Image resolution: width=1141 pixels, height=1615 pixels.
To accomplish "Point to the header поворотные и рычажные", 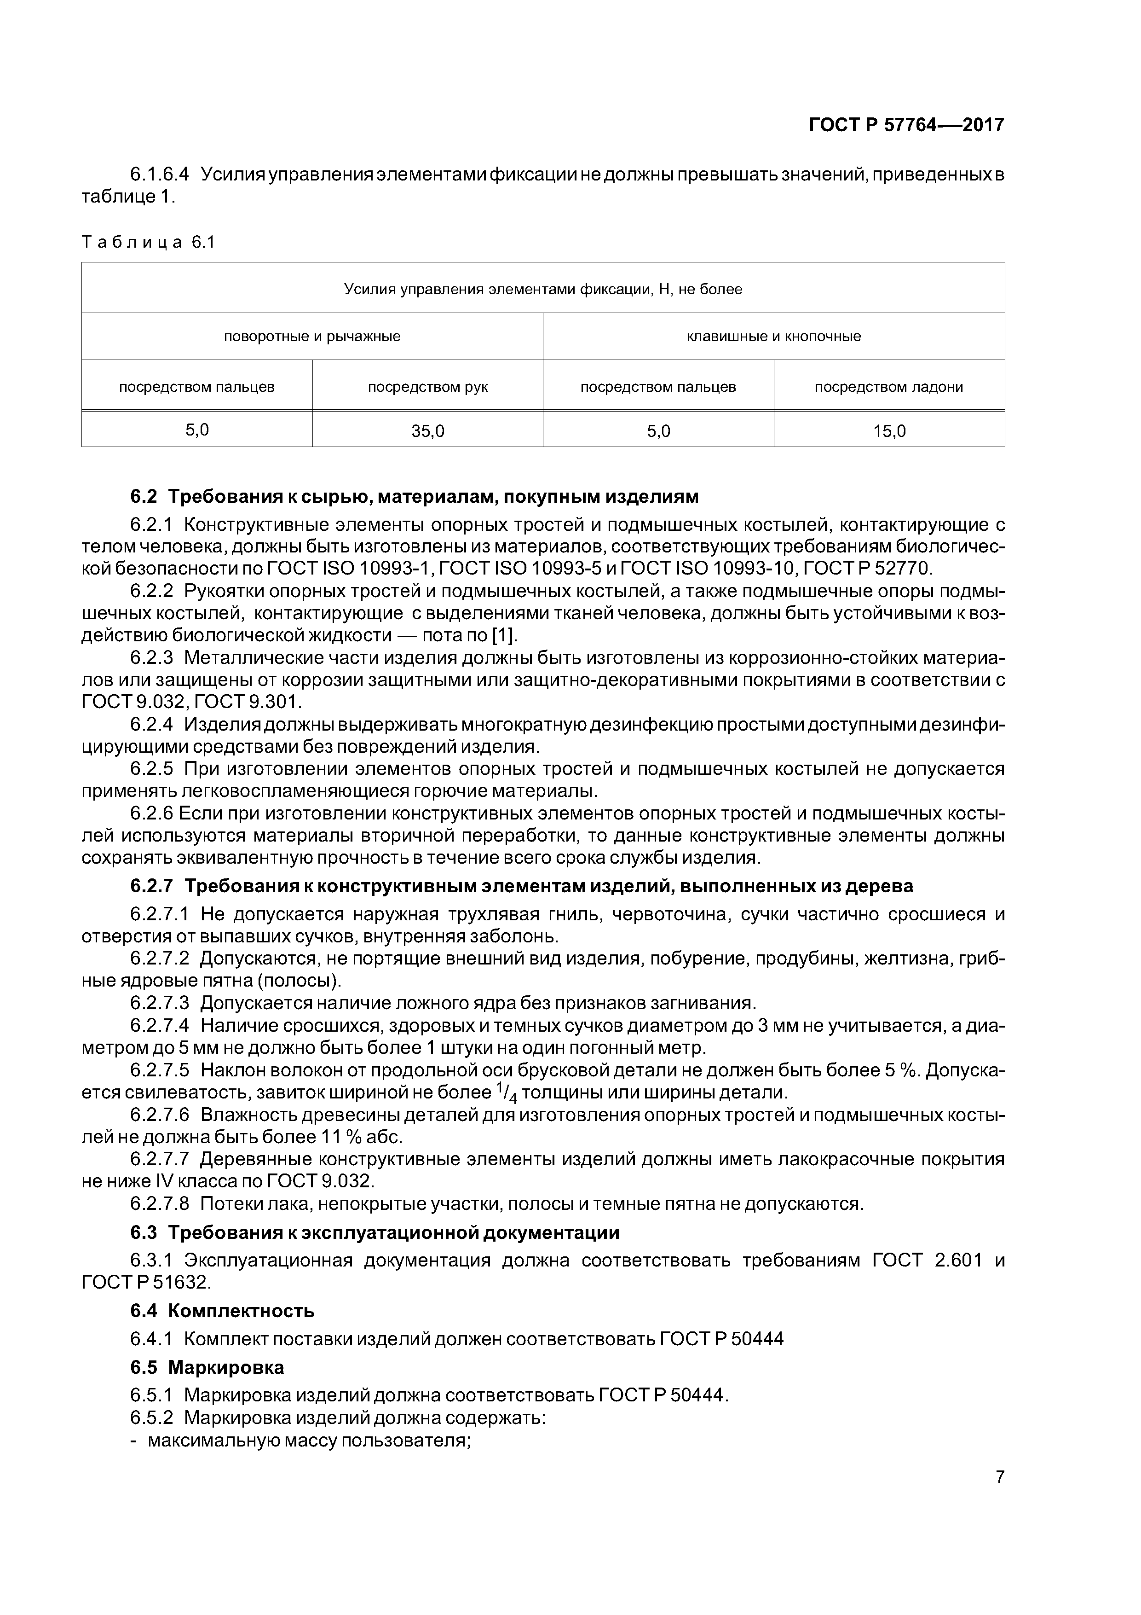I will [312, 336].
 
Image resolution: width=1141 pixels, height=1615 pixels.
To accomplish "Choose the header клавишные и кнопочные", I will [773, 336].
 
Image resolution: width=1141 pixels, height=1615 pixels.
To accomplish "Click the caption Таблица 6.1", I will [148, 243].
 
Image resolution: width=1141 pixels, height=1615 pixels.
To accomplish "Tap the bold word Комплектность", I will [241, 1311].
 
